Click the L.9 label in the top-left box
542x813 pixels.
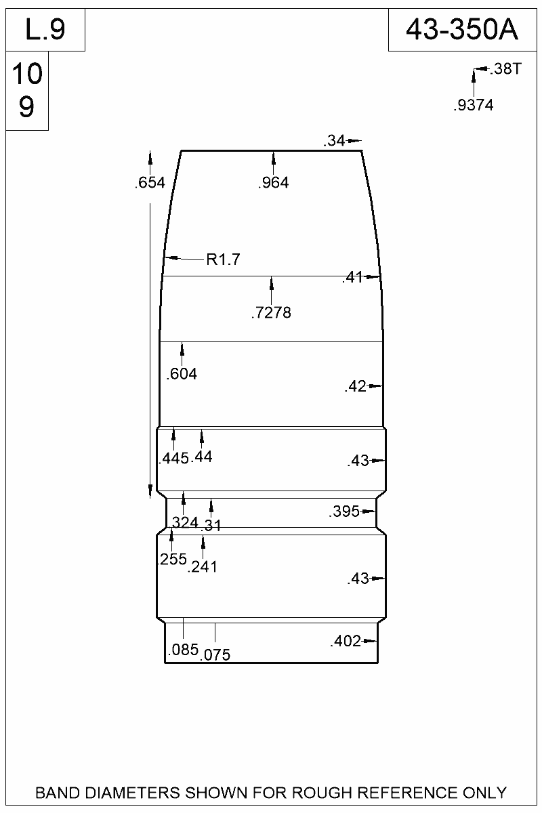pos(45,30)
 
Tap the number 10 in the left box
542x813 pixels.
pos(27,75)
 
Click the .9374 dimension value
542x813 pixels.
pos(473,105)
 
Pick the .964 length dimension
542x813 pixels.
pos(273,182)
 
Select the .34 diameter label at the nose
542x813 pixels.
pos(335,141)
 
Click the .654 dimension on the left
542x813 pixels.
pos(150,182)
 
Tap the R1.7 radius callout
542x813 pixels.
pos(224,259)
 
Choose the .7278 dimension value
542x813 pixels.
pos(271,313)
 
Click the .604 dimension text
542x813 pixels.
pos(182,373)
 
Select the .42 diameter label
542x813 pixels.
pos(355,387)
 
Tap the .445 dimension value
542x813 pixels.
pos(173,459)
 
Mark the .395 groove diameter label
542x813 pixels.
pos(344,512)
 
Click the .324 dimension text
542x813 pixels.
pos(184,522)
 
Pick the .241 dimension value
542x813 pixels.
pos(203,567)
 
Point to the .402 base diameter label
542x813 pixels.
pos(346,642)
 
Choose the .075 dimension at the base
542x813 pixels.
pos(216,654)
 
